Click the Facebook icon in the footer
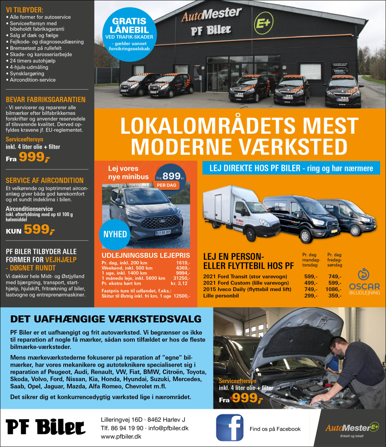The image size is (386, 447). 230,428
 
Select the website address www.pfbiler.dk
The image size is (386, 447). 121,436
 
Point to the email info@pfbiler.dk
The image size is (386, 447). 168,428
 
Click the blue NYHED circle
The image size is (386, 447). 115,234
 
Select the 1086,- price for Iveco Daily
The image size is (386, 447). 334,289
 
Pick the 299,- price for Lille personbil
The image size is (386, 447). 311,296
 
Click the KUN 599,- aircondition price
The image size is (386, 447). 30,230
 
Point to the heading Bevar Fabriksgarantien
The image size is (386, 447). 46,100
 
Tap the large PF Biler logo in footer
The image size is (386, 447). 46,427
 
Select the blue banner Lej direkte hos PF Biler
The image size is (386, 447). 291,168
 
